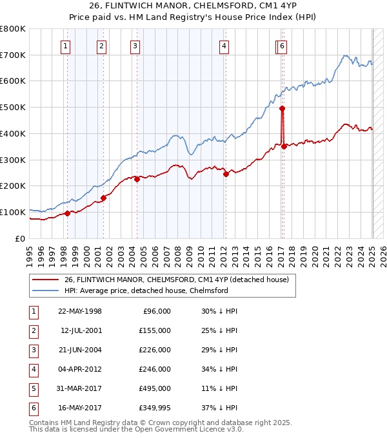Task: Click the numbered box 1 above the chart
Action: click(x=66, y=46)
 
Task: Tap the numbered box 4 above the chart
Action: click(x=223, y=46)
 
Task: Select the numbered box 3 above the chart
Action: click(x=135, y=46)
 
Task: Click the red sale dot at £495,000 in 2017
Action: click(x=282, y=108)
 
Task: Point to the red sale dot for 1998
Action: click(x=67, y=213)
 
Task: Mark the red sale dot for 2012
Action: click(x=226, y=174)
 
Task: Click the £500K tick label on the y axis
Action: click(x=13, y=107)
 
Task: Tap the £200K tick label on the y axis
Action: click(x=13, y=186)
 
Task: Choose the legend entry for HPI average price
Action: click(x=146, y=290)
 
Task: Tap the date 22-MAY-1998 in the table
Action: click(x=80, y=311)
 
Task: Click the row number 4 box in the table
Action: click(x=32, y=369)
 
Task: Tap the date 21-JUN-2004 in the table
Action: click(x=80, y=350)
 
